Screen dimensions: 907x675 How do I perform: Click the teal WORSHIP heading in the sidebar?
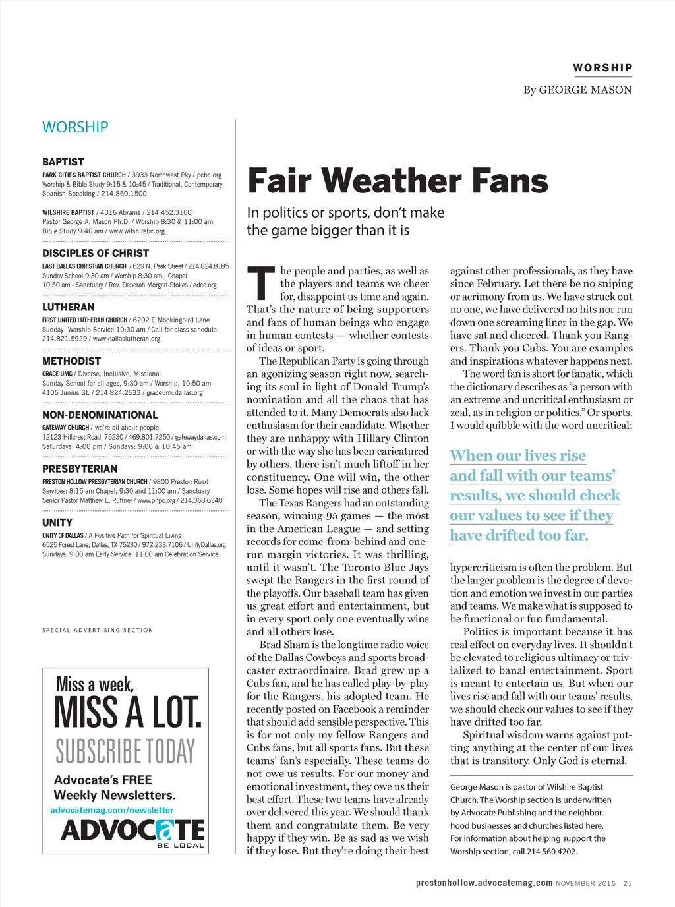tap(75, 127)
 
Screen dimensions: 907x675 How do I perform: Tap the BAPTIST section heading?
tap(63, 161)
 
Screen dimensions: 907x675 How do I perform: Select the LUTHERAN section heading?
tap(69, 307)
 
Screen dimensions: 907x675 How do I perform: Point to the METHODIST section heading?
tap(72, 361)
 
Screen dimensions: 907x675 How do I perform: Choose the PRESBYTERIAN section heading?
tap(80, 469)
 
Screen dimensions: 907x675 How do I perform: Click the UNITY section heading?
tap(57, 523)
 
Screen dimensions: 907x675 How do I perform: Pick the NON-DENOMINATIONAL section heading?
tap(100, 415)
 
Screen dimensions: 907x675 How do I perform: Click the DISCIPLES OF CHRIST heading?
tap(96, 253)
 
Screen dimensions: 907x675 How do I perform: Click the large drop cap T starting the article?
tap(261, 283)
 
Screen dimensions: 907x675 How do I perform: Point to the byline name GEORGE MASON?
tap(585, 90)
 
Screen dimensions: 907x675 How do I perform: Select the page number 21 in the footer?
tap(628, 883)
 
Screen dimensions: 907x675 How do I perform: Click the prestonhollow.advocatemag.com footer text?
tap(484, 883)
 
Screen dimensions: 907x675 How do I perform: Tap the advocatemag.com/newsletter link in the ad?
tap(112, 810)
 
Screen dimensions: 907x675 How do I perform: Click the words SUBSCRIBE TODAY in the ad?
tap(125, 751)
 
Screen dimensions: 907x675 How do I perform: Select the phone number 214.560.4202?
tap(552, 851)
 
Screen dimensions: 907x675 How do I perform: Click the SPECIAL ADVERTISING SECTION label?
tap(98, 630)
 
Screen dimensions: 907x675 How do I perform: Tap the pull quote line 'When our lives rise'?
tap(518, 455)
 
